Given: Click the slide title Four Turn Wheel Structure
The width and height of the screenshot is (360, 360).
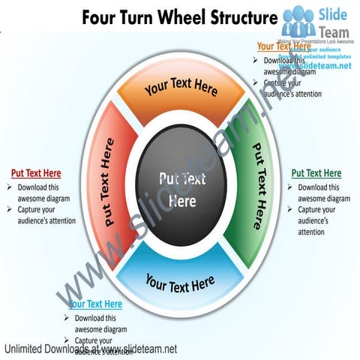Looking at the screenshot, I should [x=178, y=16].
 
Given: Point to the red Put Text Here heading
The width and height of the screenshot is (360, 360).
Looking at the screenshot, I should [x=36, y=173].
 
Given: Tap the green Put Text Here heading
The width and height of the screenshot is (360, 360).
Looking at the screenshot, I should [x=316, y=173].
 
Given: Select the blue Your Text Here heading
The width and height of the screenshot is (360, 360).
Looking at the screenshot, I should [x=95, y=304].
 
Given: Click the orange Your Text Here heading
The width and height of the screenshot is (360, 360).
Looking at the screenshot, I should [x=283, y=46].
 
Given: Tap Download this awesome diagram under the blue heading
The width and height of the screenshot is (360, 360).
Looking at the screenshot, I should [x=100, y=323].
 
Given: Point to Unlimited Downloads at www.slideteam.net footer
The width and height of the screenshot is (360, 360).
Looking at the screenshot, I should [x=90, y=349].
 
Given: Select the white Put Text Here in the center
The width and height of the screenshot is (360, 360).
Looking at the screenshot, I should [x=182, y=190].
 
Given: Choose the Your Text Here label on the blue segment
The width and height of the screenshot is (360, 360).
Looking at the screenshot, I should [x=180, y=284].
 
